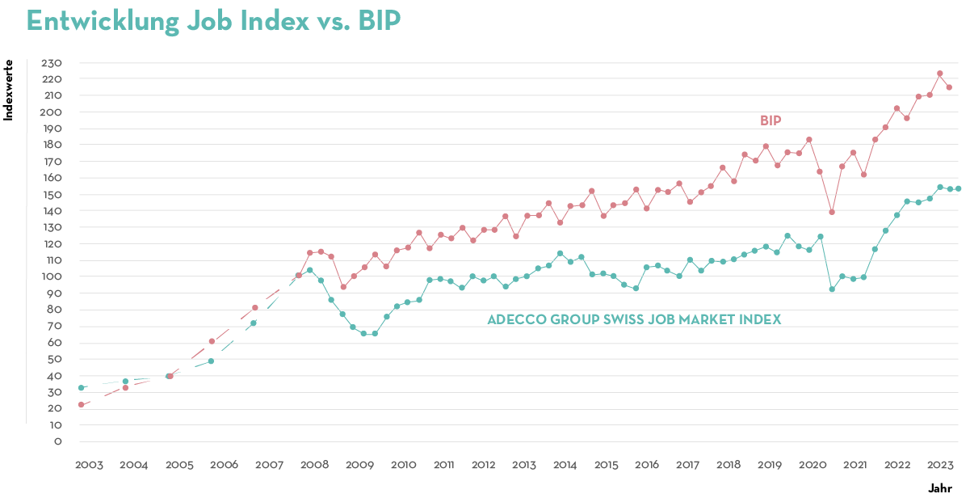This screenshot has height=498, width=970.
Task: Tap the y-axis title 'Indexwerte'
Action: tap(9, 90)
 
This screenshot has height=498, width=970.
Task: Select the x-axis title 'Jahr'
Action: tap(939, 488)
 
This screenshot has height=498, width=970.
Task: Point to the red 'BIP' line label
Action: tap(771, 120)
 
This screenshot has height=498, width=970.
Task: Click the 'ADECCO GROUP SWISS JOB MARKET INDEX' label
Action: tap(634, 319)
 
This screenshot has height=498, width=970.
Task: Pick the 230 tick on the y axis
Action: tap(52, 63)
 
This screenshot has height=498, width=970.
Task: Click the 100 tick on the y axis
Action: tap(52, 276)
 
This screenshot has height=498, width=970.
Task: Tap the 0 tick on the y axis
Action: tap(57, 441)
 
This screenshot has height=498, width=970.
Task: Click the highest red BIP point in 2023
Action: tap(939, 74)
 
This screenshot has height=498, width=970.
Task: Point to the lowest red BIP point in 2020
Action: tap(831, 213)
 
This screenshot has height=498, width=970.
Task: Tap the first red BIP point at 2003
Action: tap(81, 404)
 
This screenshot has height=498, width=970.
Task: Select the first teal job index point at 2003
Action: tap(81, 388)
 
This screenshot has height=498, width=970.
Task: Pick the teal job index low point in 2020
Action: tap(831, 289)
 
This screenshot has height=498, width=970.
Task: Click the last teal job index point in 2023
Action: tap(958, 188)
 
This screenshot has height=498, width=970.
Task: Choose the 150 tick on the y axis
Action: tap(52, 195)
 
